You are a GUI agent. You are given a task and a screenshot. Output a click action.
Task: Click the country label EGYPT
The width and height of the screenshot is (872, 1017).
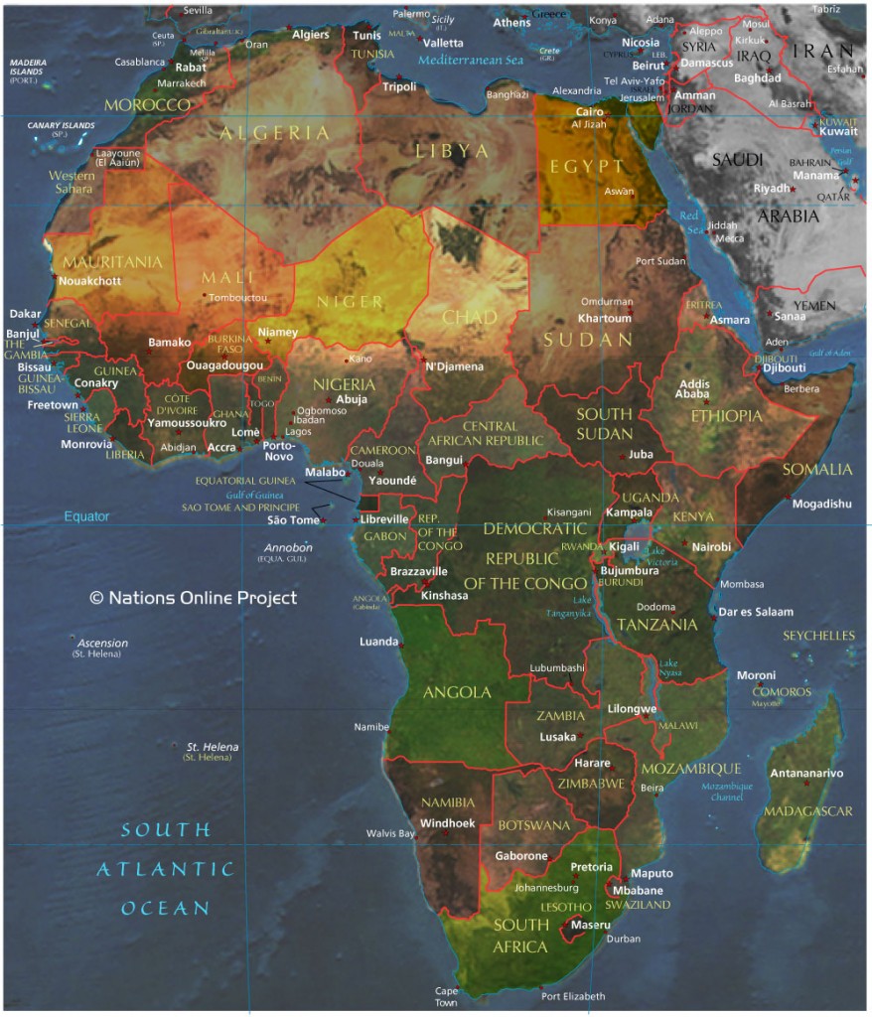coord(595,167)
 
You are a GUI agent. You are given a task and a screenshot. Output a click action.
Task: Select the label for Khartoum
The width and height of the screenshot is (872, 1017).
coord(605,319)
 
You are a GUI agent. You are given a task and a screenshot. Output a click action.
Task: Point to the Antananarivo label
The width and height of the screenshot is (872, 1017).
coord(806,773)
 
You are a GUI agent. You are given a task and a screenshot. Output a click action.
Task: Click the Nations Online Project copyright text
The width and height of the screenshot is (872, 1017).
coord(193,598)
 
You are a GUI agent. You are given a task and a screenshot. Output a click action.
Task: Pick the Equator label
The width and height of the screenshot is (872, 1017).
coord(86,516)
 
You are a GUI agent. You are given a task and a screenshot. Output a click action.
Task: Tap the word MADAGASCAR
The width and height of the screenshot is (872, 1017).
coord(807,811)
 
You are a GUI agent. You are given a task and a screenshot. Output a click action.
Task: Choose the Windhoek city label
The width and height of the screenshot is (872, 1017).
coord(448,823)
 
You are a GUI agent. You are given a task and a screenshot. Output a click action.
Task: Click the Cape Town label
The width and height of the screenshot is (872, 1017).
coord(447,996)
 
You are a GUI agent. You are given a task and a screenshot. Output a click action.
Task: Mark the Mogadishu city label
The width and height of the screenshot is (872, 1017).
coord(821,504)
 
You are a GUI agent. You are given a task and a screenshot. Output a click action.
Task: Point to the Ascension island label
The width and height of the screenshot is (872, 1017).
coord(102,644)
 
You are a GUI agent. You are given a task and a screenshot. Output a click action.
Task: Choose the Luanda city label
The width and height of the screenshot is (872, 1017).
coord(378,642)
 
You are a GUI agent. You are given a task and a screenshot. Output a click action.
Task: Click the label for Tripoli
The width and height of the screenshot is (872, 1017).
coord(399,87)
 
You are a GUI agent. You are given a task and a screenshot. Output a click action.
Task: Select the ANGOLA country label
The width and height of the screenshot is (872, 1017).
coord(457,692)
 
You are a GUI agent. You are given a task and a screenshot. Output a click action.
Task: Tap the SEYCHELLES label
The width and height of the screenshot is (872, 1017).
coord(818,636)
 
